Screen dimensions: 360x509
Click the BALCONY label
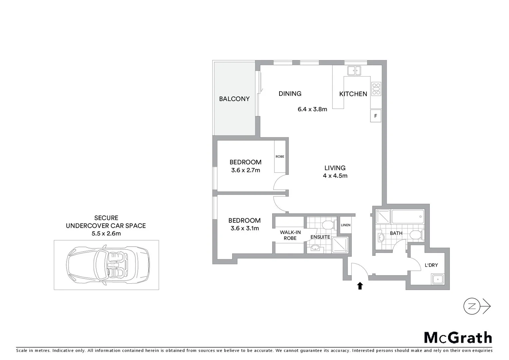234,99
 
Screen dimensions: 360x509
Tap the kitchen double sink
354,71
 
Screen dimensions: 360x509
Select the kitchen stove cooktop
376,89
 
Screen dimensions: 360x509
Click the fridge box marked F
375,116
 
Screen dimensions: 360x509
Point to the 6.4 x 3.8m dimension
312,109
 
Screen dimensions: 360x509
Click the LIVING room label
335,168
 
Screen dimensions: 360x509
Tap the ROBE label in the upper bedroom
280,156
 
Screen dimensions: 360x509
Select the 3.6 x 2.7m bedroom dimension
246,170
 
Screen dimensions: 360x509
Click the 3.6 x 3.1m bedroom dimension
245,228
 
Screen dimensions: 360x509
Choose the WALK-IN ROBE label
290,235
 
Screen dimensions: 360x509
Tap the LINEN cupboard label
345,225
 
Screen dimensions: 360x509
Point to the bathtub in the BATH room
408,216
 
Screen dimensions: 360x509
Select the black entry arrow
360,286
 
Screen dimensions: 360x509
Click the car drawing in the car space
108,265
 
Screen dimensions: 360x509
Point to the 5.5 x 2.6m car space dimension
106,233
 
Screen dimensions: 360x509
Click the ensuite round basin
315,248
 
